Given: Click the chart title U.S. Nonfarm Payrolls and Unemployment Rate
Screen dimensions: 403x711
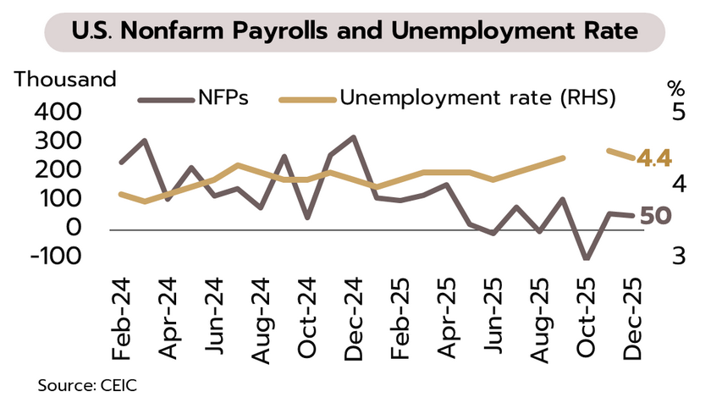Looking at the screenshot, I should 355,33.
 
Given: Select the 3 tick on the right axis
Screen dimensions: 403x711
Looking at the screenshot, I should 675,256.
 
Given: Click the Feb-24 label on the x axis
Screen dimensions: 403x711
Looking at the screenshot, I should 122,316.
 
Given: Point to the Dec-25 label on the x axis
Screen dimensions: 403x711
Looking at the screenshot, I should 632,316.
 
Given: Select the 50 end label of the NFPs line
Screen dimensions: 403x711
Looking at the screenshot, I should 656,216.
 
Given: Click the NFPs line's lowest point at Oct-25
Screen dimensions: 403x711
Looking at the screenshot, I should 586,258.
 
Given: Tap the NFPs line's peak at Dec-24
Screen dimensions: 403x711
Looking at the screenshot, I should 353,137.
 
